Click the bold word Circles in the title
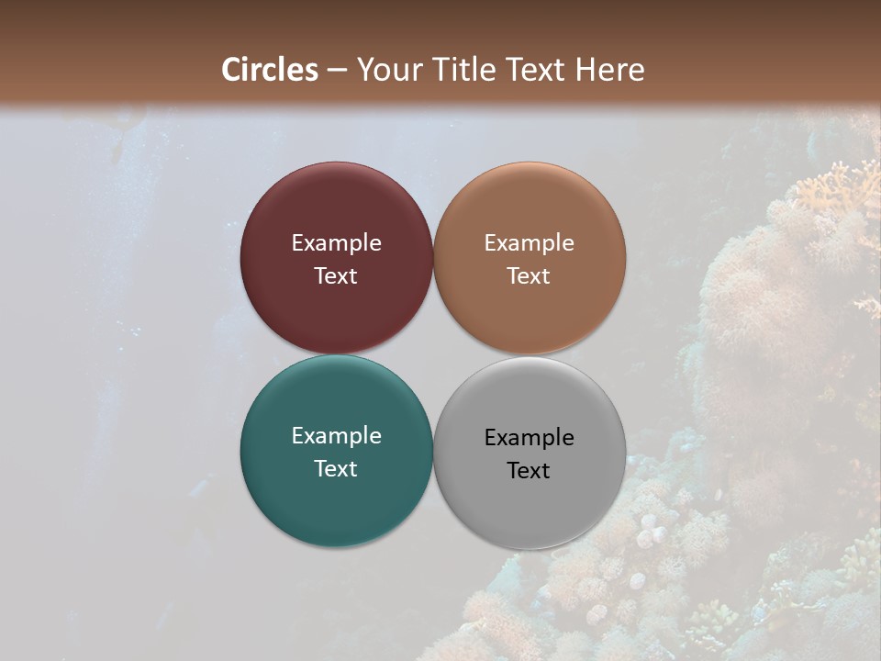pyautogui.click(x=270, y=70)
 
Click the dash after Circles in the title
pyautogui.click(x=337, y=71)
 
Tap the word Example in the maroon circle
pyautogui.click(x=336, y=243)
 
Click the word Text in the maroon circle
pyautogui.click(x=336, y=276)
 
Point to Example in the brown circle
pyautogui.click(x=529, y=243)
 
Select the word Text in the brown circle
pyautogui.click(x=529, y=276)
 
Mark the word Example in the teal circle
pyautogui.click(x=336, y=436)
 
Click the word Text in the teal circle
pyautogui.click(x=336, y=469)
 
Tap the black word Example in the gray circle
pyautogui.click(x=529, y=438)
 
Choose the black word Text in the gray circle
pyautogui.click(x=529, y=471)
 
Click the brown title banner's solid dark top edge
pyautogui.click(x=440, y=7)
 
